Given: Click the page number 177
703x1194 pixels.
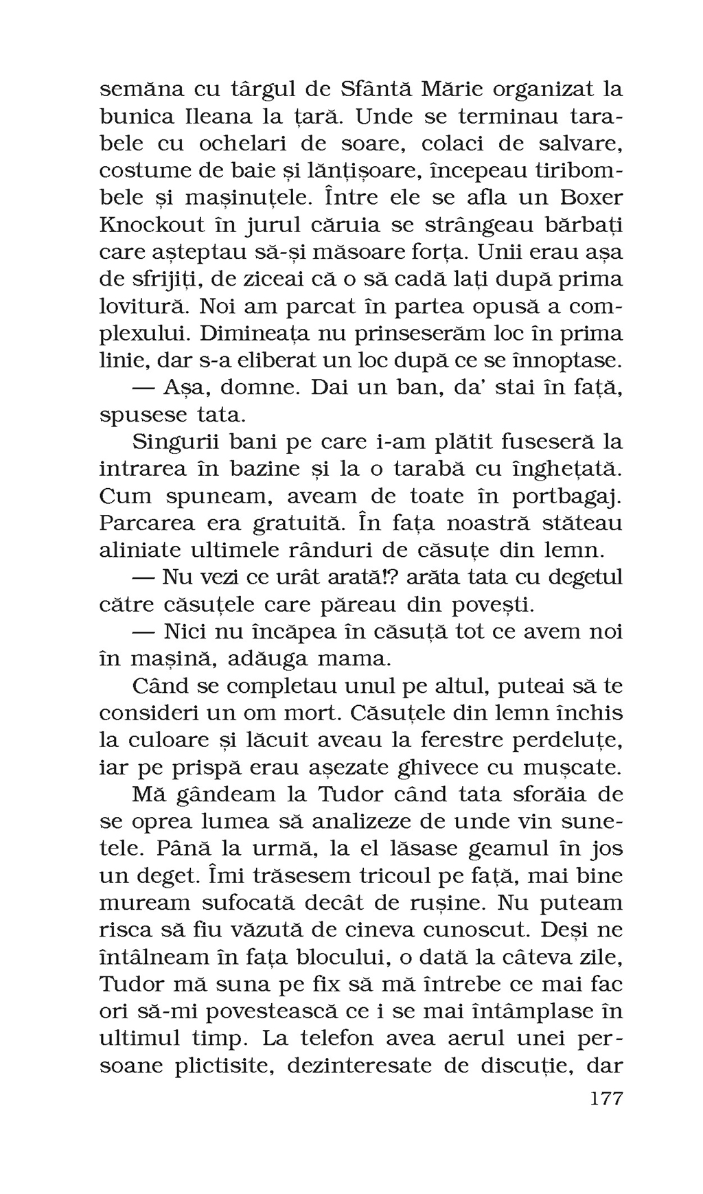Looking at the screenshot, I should [606, 1098].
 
